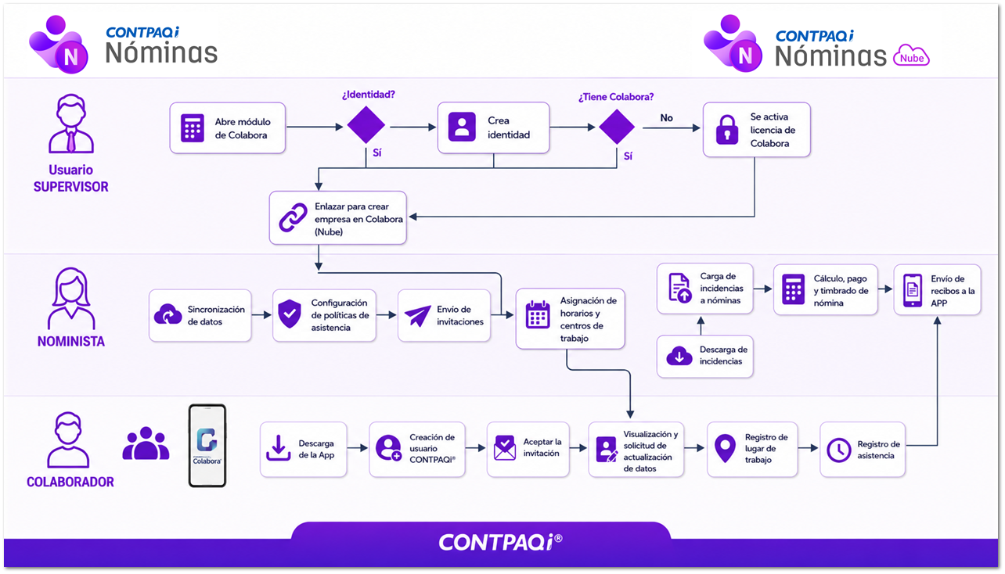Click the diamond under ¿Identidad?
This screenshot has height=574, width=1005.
(x=366, y=125)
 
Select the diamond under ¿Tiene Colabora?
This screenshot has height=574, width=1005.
(x=617, y=126)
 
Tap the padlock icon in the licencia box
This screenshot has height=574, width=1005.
(x=727, y=130)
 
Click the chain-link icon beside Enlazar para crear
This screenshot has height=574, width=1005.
(x=293, y=217)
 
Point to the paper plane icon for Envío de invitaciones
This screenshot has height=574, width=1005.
(x=417, y=316)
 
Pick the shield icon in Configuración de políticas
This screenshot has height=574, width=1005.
(x=290, y=314)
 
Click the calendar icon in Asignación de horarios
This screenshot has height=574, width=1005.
(x=538, y=315)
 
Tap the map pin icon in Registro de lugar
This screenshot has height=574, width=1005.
(x=725, y=448)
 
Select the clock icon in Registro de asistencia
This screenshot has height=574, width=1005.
(x=838, y=450)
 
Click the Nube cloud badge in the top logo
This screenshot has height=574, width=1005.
(x=911, y=56)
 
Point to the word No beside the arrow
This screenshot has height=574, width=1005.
(x=666, y=117)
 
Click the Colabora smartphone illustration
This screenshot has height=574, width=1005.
(x=207, y=445)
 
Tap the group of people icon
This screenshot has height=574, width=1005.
(x=146, y=443)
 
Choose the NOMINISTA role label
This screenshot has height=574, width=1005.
(x=71, y=342)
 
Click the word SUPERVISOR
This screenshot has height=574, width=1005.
(x=71, y=187)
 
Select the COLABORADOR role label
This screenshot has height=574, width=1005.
(x=70, y=482)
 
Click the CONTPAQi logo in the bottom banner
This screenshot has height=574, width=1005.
(x=500, y=542)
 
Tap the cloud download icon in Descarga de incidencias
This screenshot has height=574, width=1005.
(x=679, y=356)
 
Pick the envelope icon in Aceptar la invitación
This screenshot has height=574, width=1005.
(x=505, y=447)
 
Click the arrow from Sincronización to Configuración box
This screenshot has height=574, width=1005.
(x=261, y=315)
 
